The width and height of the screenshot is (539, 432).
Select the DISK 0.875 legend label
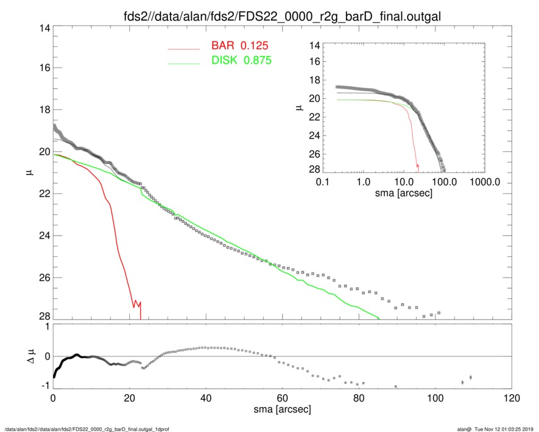click(x=241, y=60)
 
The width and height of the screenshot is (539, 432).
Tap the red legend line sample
click(x=184, y=48)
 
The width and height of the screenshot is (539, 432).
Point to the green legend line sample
click(x=184, y=62)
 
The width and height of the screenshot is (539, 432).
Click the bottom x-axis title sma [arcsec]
click(x=282, y=409)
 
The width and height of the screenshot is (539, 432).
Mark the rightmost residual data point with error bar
click(x=470, y=378)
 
